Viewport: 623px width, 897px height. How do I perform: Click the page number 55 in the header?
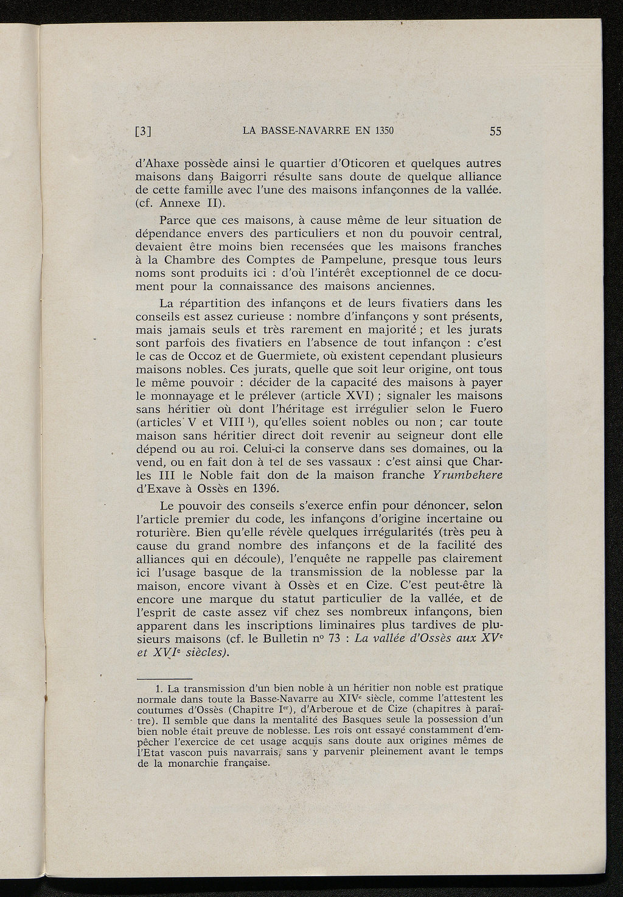(495, 131)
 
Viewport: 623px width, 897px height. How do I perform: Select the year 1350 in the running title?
(385, 130)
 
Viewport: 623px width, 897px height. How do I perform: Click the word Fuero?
(484, 408)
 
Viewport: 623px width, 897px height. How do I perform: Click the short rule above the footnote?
(164, 679)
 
